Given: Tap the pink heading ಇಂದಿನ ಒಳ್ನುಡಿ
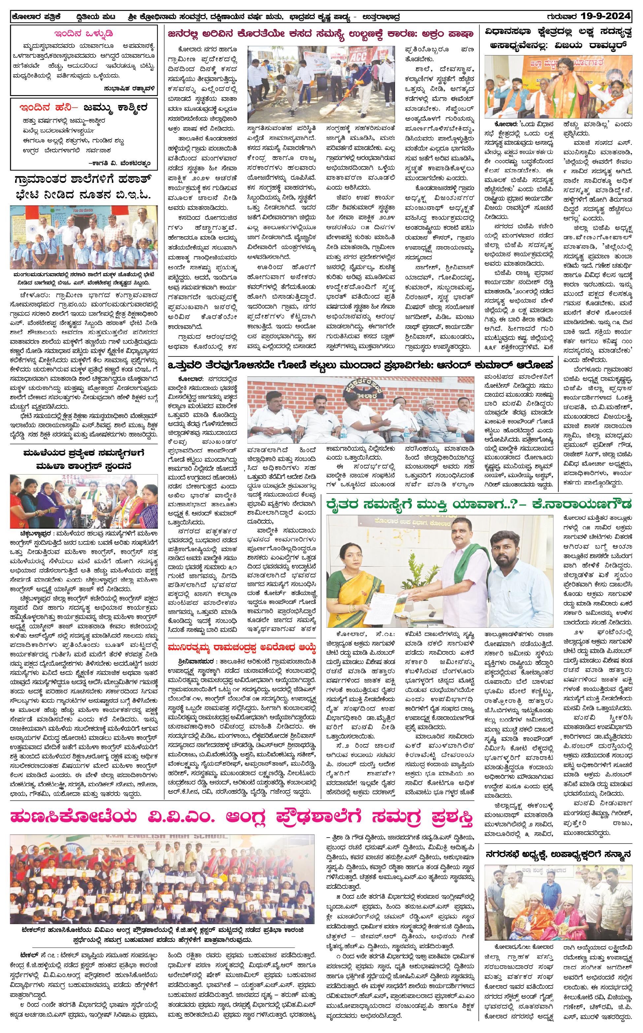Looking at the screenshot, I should click(83, 34).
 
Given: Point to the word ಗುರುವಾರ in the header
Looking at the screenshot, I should click(562, 17).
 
